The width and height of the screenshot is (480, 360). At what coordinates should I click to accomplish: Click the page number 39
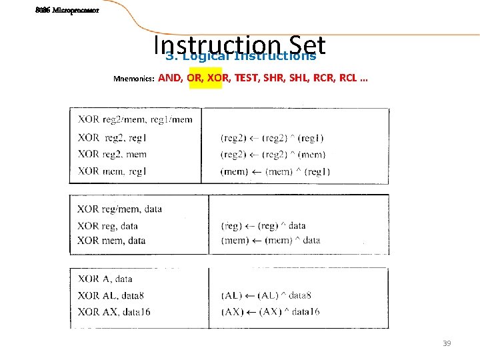(447, 343)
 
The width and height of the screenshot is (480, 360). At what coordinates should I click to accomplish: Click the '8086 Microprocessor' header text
(67, 10)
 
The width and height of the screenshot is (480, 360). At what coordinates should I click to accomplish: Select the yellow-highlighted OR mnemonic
(195, 78)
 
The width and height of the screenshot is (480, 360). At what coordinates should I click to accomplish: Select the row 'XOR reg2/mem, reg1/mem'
(135, 119)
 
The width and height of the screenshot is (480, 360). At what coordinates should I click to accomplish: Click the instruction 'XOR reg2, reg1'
(112, 137)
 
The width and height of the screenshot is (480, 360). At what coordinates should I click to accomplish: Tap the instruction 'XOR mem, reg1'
(112, 171)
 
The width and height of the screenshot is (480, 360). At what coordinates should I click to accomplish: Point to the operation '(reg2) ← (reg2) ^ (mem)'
(273, 154)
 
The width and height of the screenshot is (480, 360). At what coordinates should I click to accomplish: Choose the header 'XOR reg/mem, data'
(119, 209)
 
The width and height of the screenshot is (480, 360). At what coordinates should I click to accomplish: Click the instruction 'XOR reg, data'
(107, 225)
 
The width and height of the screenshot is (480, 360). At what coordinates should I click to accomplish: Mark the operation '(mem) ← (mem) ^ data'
(270, 240)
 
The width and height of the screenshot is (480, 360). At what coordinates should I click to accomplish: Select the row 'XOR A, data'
(105, 279)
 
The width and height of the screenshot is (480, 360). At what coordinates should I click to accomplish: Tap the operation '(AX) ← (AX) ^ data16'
(270, 311)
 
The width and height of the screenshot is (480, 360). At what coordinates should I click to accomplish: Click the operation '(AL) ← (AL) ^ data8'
(265, 295)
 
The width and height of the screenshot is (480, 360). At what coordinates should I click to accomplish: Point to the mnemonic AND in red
(170, 78)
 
